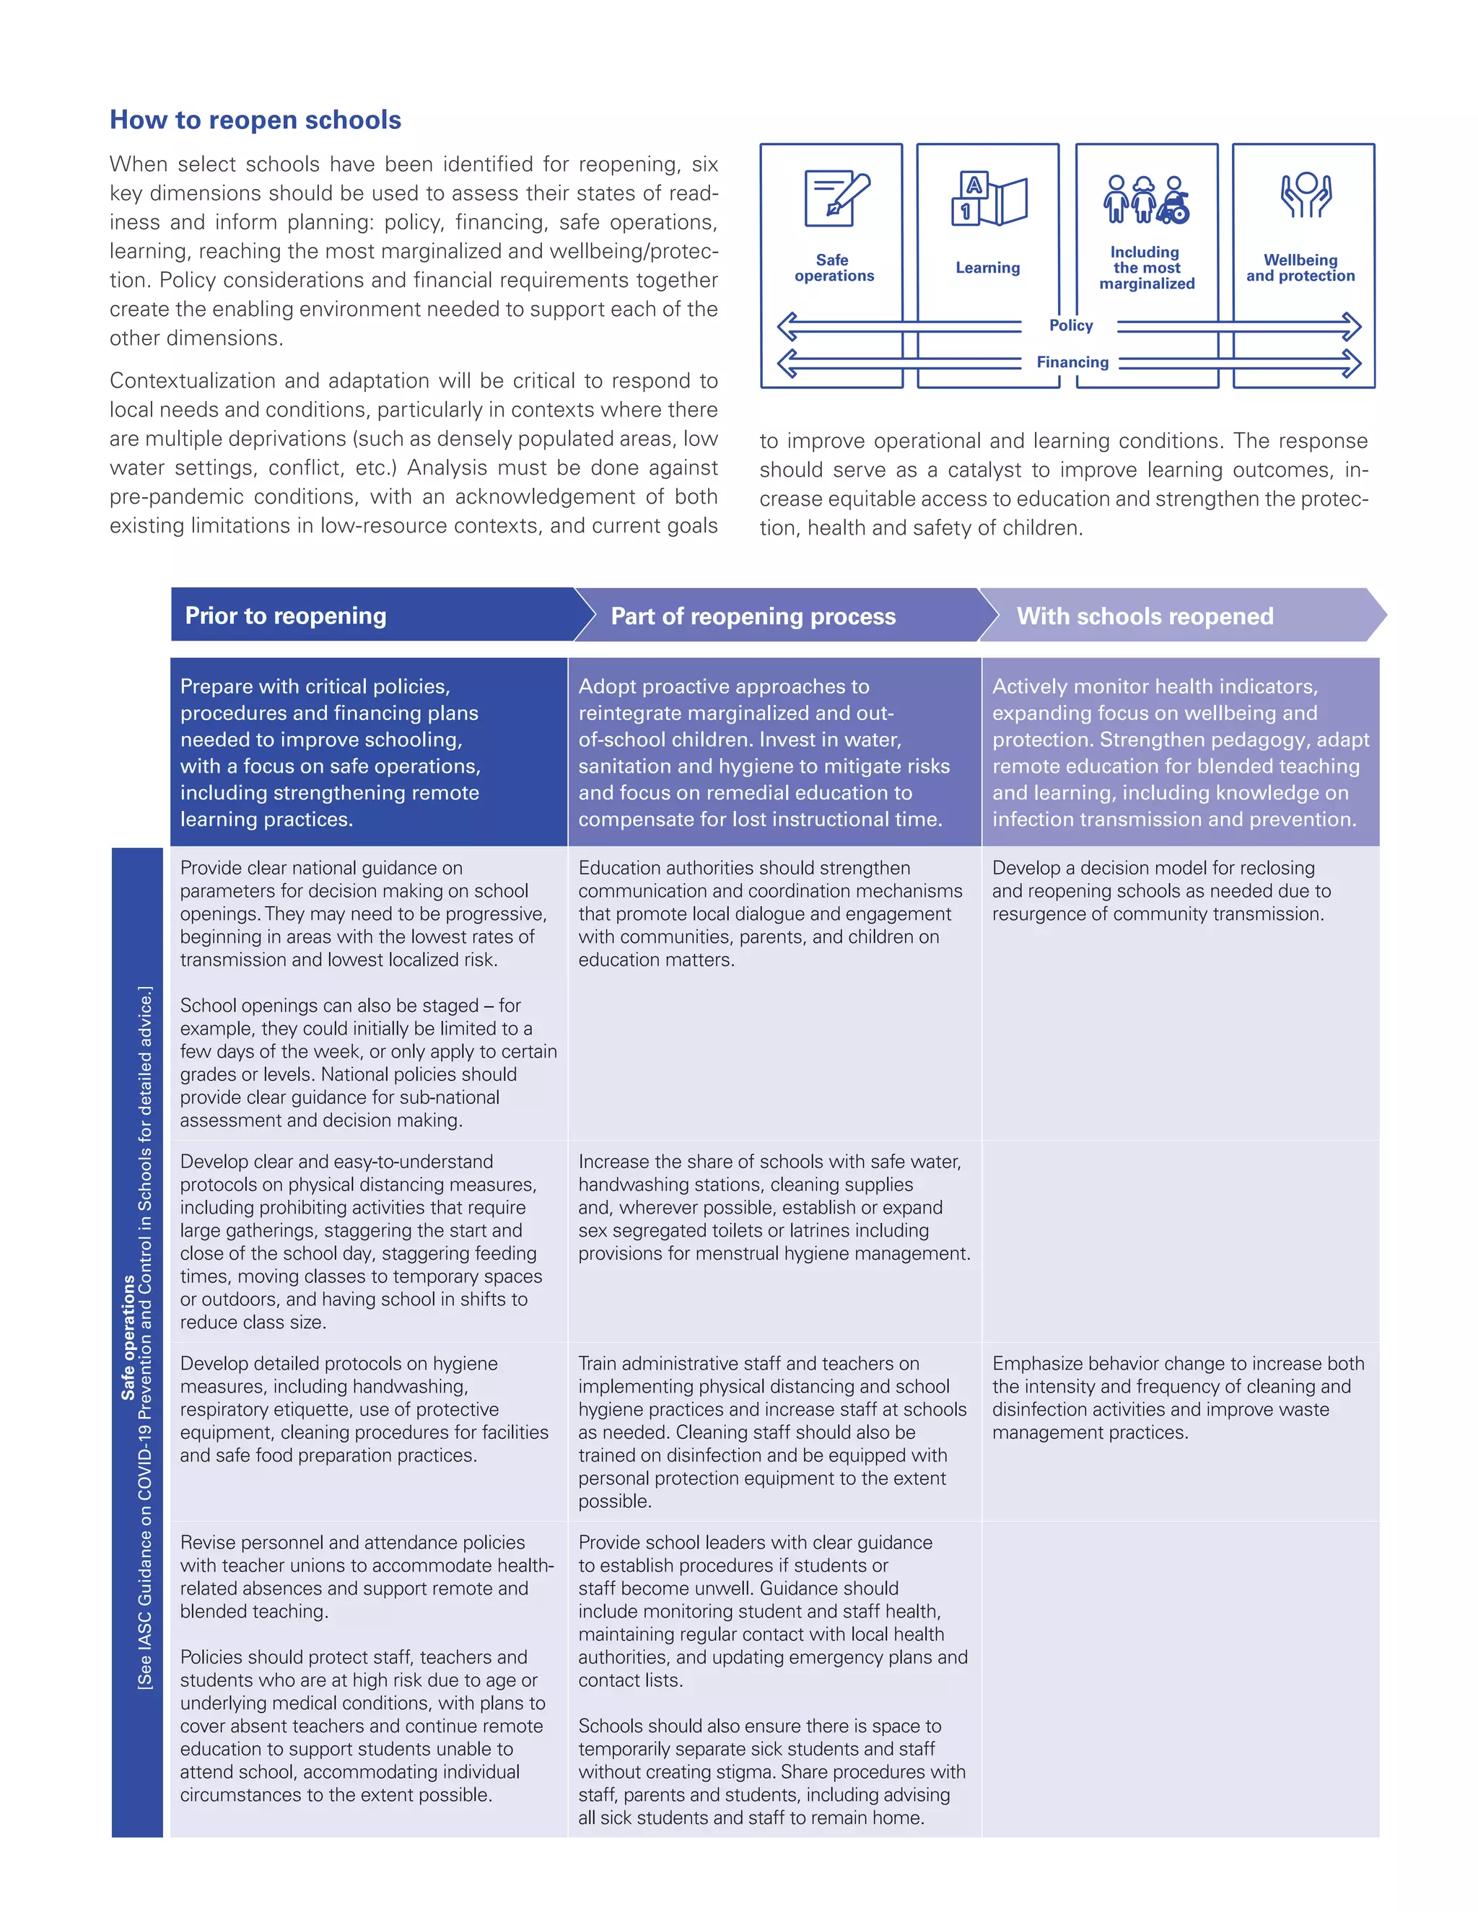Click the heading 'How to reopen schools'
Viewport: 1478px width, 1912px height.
click(255, 120)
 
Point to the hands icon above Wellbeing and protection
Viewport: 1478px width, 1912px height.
click(1306, 196)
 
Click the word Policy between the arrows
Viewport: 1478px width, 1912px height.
click(1071, 325)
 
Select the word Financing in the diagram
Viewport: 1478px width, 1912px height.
click(1072, 362)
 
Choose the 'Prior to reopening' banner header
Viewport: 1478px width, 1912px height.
click(286, 615)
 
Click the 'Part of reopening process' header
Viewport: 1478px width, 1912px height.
click(753, 616)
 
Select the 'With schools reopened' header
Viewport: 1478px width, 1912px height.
click(1145, 616)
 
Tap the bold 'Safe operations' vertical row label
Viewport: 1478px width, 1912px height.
click(128, 1338)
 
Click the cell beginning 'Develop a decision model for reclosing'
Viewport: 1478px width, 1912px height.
click(1160, 890)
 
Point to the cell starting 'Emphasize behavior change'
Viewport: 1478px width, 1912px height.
click(1177, 1398)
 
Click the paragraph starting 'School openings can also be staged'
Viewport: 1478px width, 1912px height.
click(368, 1062)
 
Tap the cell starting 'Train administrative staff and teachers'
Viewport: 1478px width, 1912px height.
click(772, 1431)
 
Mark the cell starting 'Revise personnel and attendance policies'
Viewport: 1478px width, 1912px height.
click(367, 1576)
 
